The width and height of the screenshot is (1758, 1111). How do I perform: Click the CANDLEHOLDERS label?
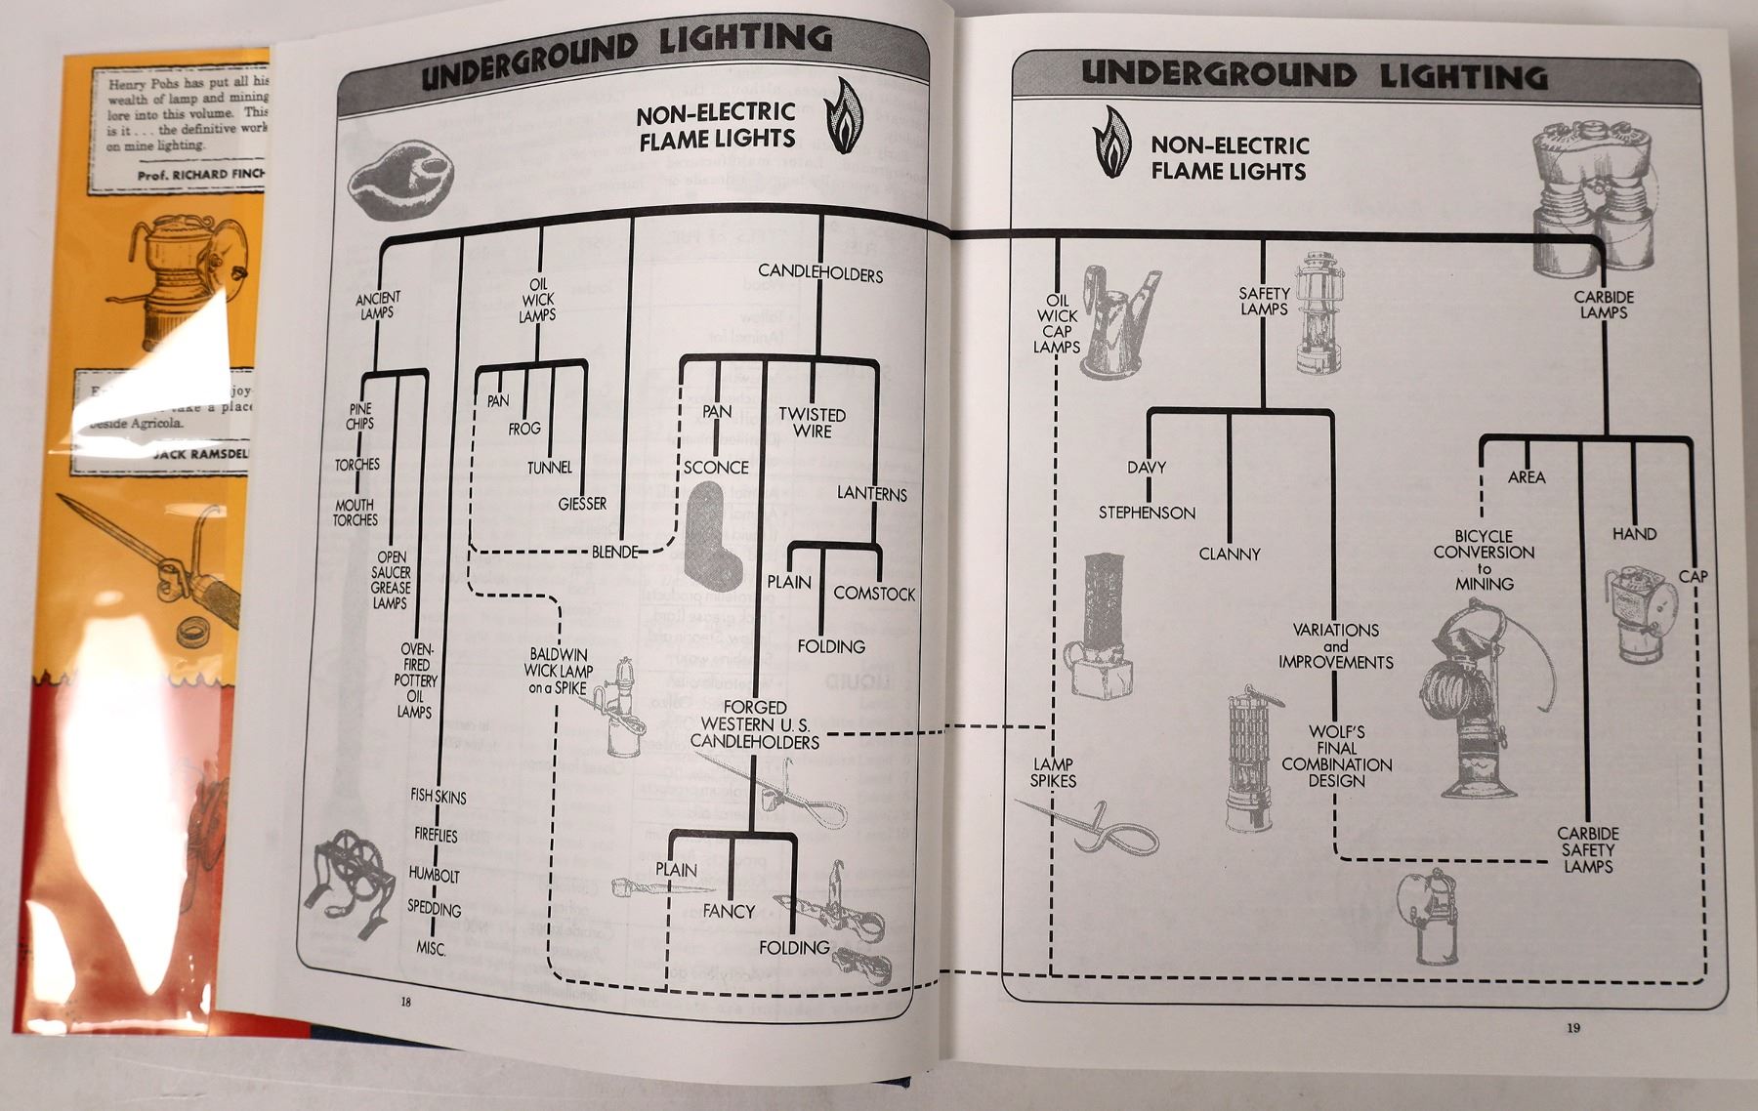coord(820,274)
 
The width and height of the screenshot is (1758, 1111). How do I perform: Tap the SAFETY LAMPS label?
coord(1264,301)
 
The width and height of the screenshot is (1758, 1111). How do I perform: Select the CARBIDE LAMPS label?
coord(1604,305)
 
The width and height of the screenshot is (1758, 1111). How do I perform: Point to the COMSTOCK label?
coord(874,594)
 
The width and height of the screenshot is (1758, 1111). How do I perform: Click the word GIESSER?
coord(582,504)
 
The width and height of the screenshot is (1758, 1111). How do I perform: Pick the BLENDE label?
coord(615,552)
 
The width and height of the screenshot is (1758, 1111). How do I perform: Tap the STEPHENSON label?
coord(1147,513)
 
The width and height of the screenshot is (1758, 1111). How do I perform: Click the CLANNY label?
coord(1230,554)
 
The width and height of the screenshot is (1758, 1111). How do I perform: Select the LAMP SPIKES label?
coord(1053,772)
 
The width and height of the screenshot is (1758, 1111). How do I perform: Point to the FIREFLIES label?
coord(436,836)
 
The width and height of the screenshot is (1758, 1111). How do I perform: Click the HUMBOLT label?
coord(434,875)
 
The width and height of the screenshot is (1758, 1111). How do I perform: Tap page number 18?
coord(405,1001)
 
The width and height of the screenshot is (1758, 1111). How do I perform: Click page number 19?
coord(1572,1026)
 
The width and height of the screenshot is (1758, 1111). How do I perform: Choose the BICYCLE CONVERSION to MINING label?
coord(1484,559)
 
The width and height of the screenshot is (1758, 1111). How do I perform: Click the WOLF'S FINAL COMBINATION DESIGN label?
coord(1336,756)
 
